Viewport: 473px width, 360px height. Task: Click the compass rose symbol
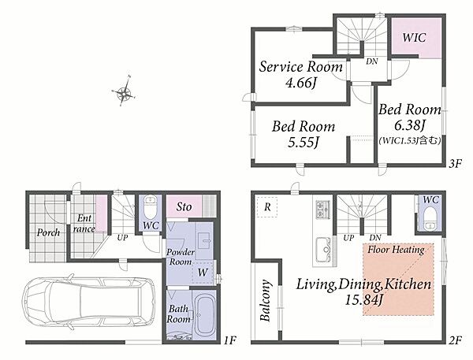click(124, 91)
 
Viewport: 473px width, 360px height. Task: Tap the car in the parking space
click(89, 302)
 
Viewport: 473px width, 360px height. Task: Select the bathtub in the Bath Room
click(204, 315)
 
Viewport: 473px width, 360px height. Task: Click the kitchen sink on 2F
click(323, 250)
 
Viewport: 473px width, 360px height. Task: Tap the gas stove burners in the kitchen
click(322, 209)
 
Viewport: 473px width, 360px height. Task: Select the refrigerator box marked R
click(267, 207)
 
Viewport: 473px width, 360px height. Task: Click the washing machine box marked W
click(203, 273)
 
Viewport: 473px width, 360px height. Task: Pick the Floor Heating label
click(396, 250)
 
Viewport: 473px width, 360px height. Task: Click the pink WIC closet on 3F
click(416, 38)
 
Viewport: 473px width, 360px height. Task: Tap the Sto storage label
click(184, 207)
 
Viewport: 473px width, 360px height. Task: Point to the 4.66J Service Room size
click(300, 83)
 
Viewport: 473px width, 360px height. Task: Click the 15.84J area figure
click(363, 299)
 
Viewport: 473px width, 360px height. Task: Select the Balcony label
click(265, 301)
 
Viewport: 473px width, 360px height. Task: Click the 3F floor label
click(456, 164)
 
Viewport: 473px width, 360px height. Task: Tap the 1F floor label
click(229, 340)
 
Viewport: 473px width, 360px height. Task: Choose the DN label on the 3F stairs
click(371, 61)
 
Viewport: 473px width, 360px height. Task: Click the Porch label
click(48, 232)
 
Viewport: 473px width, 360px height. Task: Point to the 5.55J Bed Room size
click(304, 143)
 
